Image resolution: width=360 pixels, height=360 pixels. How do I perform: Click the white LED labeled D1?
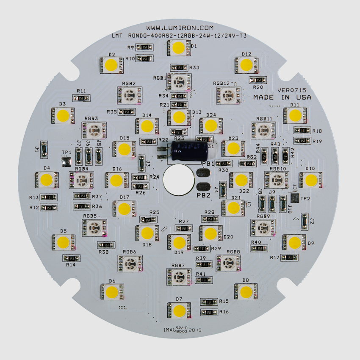tap(179, 47)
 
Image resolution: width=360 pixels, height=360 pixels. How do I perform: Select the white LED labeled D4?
tap(47, 180)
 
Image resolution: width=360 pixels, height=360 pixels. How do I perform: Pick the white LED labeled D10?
tap(310, 180)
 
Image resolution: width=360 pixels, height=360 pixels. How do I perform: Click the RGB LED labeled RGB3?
tap(94, 130)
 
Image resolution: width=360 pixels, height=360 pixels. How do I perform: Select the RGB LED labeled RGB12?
tap(228, 96)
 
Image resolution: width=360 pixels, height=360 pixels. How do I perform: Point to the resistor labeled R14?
tap(72, 258)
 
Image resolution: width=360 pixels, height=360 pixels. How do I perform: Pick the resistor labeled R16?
tap(209, 312)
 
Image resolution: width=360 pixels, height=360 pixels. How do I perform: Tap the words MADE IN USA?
tap(282, 97)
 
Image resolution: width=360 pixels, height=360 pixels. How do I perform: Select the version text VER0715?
tap(291, 90)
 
